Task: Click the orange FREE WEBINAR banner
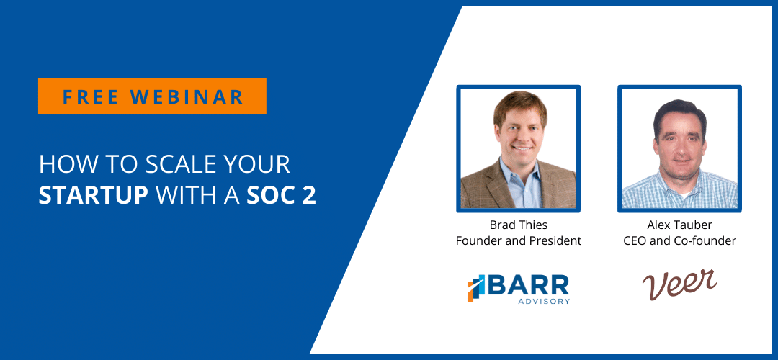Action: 152,96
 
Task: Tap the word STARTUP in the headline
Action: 93,195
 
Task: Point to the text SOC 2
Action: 281,195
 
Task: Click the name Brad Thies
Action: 519,225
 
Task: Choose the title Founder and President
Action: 519,241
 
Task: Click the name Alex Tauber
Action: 679,225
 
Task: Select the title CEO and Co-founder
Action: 679,241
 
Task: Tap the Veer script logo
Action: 679,284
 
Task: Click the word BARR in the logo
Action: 529,285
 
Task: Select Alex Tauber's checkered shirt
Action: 679,191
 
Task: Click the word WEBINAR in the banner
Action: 187,96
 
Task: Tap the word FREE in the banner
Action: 91,96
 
